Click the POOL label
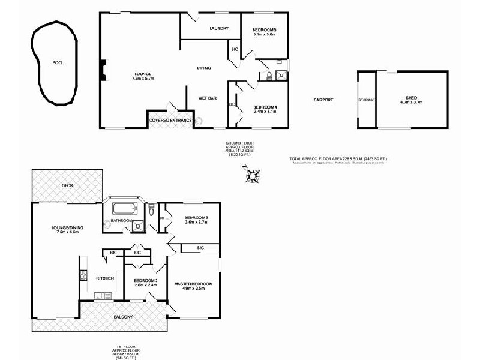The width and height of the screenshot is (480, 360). [58, 62]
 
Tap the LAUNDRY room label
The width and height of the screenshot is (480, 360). [218, 28]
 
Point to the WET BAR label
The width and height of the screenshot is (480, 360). [207, 98]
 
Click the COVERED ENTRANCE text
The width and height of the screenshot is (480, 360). [171, 120]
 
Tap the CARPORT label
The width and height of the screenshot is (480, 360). [323, 100]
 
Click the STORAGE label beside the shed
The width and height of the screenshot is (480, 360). [366, 100]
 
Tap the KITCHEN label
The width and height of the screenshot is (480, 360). [105, 278]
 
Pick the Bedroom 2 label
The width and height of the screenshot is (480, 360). [196, 217]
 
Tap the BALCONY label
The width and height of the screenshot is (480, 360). [123, 316]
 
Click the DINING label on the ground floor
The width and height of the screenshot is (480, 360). [204, 68]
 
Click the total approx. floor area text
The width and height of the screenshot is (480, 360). [338, 158]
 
